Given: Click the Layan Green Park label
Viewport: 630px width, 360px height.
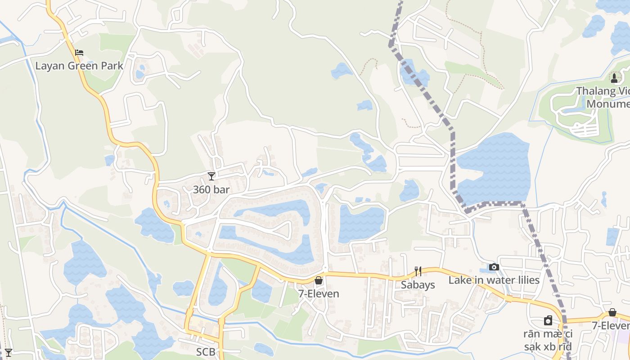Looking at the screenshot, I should point(79,66).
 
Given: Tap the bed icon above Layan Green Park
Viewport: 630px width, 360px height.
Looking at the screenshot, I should point(79,53).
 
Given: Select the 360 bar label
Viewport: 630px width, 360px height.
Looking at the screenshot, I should point(211,189).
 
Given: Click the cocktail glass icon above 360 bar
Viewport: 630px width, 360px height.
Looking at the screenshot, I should point(211,176).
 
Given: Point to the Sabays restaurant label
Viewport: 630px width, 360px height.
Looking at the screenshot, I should point(418,285).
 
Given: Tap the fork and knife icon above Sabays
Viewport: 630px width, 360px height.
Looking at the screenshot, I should point(418,271).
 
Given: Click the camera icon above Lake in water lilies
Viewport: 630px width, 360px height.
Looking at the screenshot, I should point(494,267).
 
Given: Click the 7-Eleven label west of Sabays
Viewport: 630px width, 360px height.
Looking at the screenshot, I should point(319,294).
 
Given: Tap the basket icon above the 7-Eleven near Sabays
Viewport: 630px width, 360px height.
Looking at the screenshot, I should point(319,280).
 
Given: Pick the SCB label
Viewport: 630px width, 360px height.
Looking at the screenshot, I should point(206,352).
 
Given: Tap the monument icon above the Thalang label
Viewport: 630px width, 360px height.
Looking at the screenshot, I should point(614,78).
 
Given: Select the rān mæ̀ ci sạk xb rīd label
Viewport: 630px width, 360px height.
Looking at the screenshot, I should point(548,340).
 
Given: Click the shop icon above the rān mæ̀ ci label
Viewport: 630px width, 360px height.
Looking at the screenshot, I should point(548,320).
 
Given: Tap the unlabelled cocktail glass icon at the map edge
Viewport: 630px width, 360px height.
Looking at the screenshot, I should point(8,352).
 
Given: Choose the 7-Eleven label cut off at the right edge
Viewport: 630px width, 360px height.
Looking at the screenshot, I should point(611,325).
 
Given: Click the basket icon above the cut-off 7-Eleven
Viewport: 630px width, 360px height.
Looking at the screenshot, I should point(612,312).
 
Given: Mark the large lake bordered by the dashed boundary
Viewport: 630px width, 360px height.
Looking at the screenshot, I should point(493,169).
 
